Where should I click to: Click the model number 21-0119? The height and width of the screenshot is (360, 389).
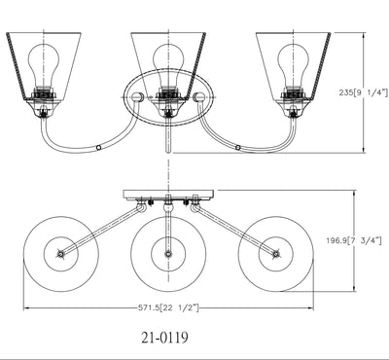pyautogui.click(x=164, y=338)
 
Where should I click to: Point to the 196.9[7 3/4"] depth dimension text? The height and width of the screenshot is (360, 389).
pyautogui.click(x=354, y=240)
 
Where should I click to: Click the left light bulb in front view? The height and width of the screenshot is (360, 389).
pyautogui.click(x=44, y=66)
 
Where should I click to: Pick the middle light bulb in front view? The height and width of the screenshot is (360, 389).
pyautogui.click(x=168, y=66)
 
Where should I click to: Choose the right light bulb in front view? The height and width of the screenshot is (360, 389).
pyautogui.click(x=294, y=66)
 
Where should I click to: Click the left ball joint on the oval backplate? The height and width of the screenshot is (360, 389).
pyautogui.click(x=138, y=96)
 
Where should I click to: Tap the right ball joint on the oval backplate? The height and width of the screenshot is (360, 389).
pyautogui.click(x=198, y=96)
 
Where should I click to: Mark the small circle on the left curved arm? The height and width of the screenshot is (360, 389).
pyautogui.click(x=99, y=148)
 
